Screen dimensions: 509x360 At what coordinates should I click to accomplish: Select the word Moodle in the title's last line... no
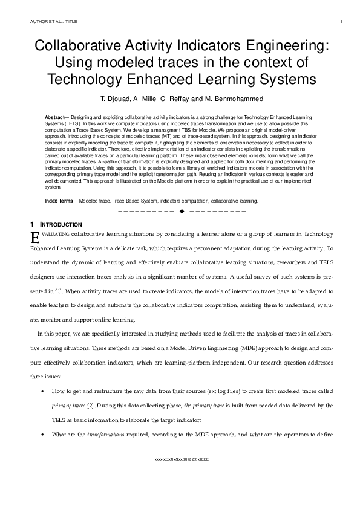pos(180,79)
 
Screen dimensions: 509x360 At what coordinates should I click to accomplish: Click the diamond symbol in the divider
pos(182,212)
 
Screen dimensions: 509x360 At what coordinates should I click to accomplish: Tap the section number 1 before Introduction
pos(32,224)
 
